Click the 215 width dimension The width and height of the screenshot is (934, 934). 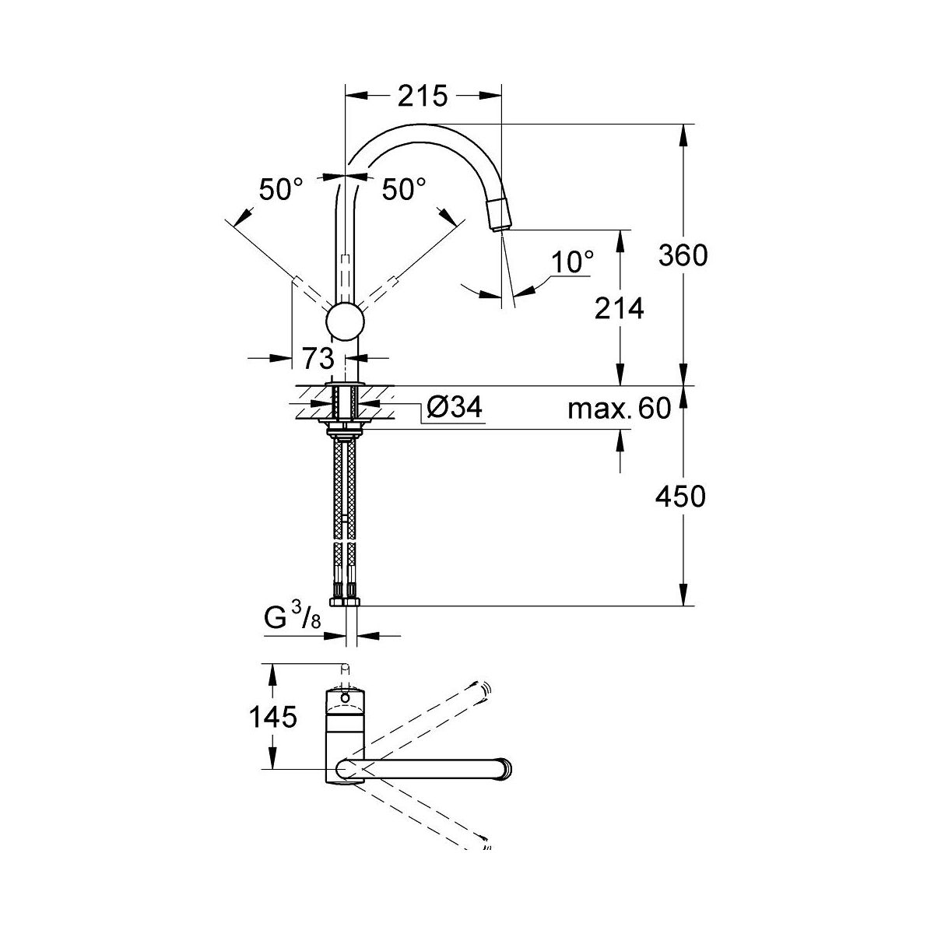(423, 96)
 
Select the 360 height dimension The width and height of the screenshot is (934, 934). (683, 255)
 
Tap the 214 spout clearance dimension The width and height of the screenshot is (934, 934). (619, 308)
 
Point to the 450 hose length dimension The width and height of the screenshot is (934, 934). (680, 497)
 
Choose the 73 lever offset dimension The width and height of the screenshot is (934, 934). (318, 358)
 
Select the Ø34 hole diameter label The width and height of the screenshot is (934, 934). (454, 406)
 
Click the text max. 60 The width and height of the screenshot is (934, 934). (619, 408)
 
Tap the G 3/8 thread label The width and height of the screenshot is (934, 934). (293, 618)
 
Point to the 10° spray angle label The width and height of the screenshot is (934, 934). (572, 262)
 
